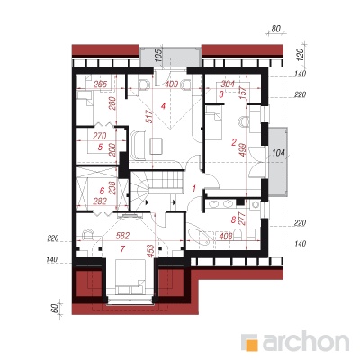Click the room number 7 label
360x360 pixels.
(x=122, y=248)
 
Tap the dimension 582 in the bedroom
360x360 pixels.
(x=122, y=236)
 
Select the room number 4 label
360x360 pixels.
(x=163, y=106)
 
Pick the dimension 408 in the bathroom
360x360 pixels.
(x=226, y=237)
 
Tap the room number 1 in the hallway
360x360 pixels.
(x=194, y=189)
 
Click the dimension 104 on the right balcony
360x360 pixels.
(x=280, y=153)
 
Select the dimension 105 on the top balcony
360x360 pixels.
(x=159, y=55)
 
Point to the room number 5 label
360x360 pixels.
(x=100, y=148)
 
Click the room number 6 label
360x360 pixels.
(x=102, y=191)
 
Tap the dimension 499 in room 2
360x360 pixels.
(x=243, y=150)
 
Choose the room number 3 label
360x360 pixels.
(x=221, y=94)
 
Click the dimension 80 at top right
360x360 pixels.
(x=275, y=29)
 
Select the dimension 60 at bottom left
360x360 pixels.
(x=55, y=309)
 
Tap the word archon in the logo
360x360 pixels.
(x=306, y=341)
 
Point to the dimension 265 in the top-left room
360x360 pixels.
(x=100, y=85)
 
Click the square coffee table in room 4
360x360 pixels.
(x=157, y=146)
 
